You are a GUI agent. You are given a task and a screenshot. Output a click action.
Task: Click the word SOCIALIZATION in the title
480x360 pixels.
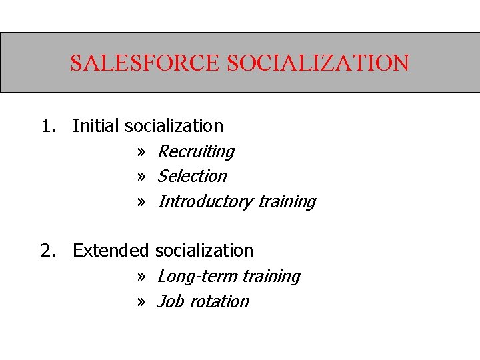(x=318, y=63)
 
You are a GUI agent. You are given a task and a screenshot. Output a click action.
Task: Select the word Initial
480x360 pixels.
(x=96, y=125)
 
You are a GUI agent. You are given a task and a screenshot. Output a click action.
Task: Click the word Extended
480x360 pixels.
(x=111, y=251)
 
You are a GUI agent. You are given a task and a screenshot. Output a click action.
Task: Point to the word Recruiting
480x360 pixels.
(x=195, y=152)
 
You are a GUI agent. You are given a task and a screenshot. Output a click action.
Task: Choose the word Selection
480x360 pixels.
(x=192, y=176)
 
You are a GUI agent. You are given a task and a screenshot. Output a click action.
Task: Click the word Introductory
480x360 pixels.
(x=205, y=201)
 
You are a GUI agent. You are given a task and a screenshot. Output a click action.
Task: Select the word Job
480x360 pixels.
(x=170, y=301)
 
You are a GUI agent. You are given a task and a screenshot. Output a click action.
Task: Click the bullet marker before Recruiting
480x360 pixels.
(x=141, y=152)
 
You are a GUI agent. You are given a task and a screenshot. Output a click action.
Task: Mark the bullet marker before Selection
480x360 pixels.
(x=141, y=177)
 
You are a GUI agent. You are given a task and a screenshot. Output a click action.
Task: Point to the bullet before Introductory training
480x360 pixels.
(x=141, y=202)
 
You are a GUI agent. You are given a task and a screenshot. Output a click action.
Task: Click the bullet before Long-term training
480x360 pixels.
(x=141, y=277)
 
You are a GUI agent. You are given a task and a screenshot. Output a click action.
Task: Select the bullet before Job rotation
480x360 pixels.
(x=141, y=302)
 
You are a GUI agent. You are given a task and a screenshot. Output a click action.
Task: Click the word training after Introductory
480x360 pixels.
(x=287, y=202)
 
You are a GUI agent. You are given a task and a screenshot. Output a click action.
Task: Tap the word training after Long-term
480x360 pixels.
(x=271, y=277)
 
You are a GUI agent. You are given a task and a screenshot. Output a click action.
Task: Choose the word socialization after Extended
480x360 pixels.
(x=204, y=251)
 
